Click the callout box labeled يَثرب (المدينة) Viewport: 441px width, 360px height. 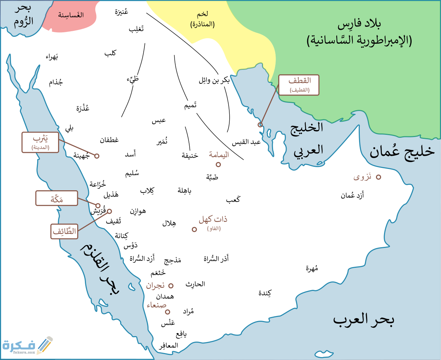tap(40, 142)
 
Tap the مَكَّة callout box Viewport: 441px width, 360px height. tap(57, 198)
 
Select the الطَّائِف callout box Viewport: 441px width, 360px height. tap(64, 231)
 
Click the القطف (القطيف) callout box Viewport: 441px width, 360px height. tap(299, 85)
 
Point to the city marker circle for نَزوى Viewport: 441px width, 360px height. tap(378, 177)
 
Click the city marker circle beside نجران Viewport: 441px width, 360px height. tap(171, 285)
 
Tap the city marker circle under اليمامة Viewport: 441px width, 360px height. tap(218, 165)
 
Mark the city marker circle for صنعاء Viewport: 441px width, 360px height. tap(168, 312)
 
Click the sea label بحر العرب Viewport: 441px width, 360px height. tap(363, 320)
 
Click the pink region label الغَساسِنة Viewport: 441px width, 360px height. tap(71, 15)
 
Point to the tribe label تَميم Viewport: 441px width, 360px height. tap(190, 105)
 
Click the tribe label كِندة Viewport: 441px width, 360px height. tap(265, 293)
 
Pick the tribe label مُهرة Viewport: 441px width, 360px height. tap(312, 268)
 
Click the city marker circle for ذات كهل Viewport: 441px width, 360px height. tap(194, 229)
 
